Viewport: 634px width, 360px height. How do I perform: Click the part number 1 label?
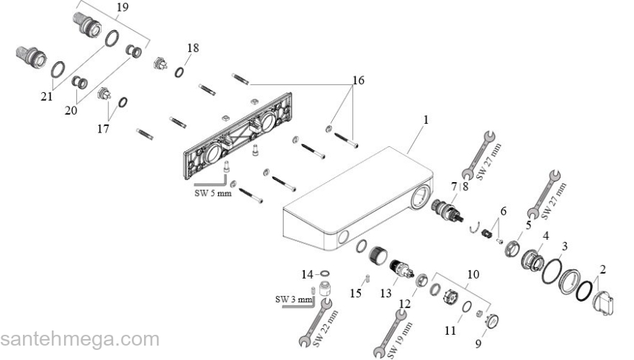tap(426, 120)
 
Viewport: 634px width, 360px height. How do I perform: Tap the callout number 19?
tap(122, 8)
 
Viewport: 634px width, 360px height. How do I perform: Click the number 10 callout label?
tap(473, 274)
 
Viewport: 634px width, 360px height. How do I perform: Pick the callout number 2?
tap(603, 270)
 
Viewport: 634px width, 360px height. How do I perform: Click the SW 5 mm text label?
tap(213, 193)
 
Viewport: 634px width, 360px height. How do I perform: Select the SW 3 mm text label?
tap(294, 299)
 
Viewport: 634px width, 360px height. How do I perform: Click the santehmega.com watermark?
tap(79, 338)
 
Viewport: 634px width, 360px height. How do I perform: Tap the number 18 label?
tap(192, 48)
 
